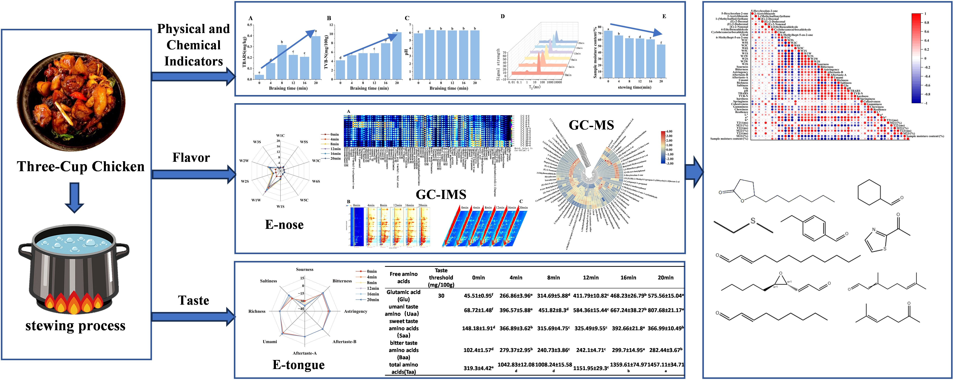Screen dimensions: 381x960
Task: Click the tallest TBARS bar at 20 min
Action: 316,58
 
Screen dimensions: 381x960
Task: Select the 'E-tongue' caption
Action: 298,365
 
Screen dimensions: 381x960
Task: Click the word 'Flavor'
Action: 191,158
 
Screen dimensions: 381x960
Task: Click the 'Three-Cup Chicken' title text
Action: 80,166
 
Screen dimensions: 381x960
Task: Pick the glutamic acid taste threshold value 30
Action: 441,296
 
